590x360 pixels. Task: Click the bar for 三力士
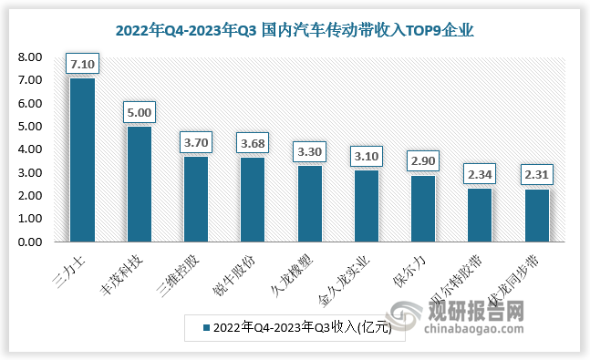tap(82, 160)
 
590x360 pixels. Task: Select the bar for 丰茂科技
tap(139, 184)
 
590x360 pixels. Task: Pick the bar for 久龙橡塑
tap(309, 204)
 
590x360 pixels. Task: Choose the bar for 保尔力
tap(423, 209)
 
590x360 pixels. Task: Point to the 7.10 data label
tap(82, 64)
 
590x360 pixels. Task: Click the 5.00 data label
tap(139, 112)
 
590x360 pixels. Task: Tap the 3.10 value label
tap(367, 156)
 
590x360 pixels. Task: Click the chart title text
tap(295, 30)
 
